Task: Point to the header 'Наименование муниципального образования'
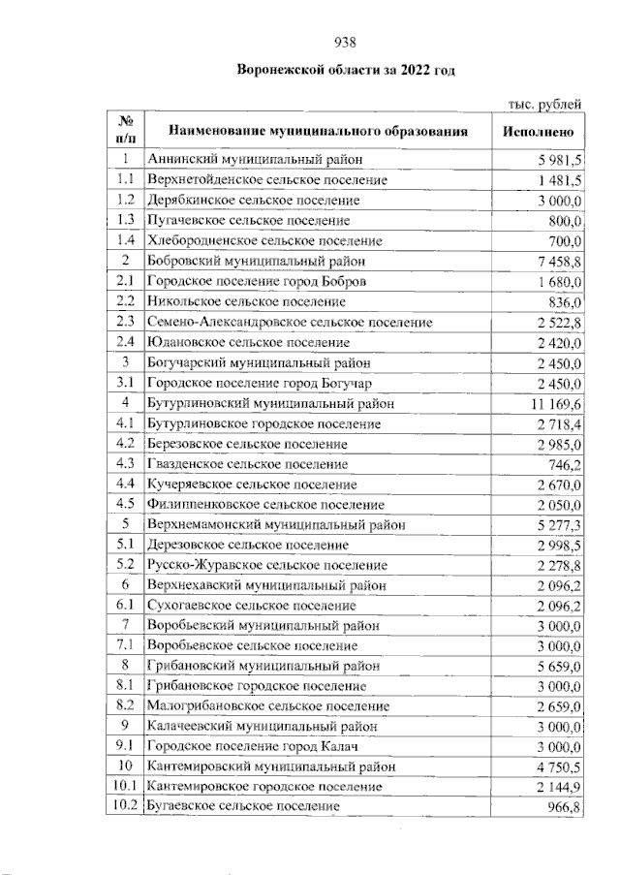pos(319,131)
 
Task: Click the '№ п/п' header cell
pos(125,131)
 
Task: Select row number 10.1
pos(125,785)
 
